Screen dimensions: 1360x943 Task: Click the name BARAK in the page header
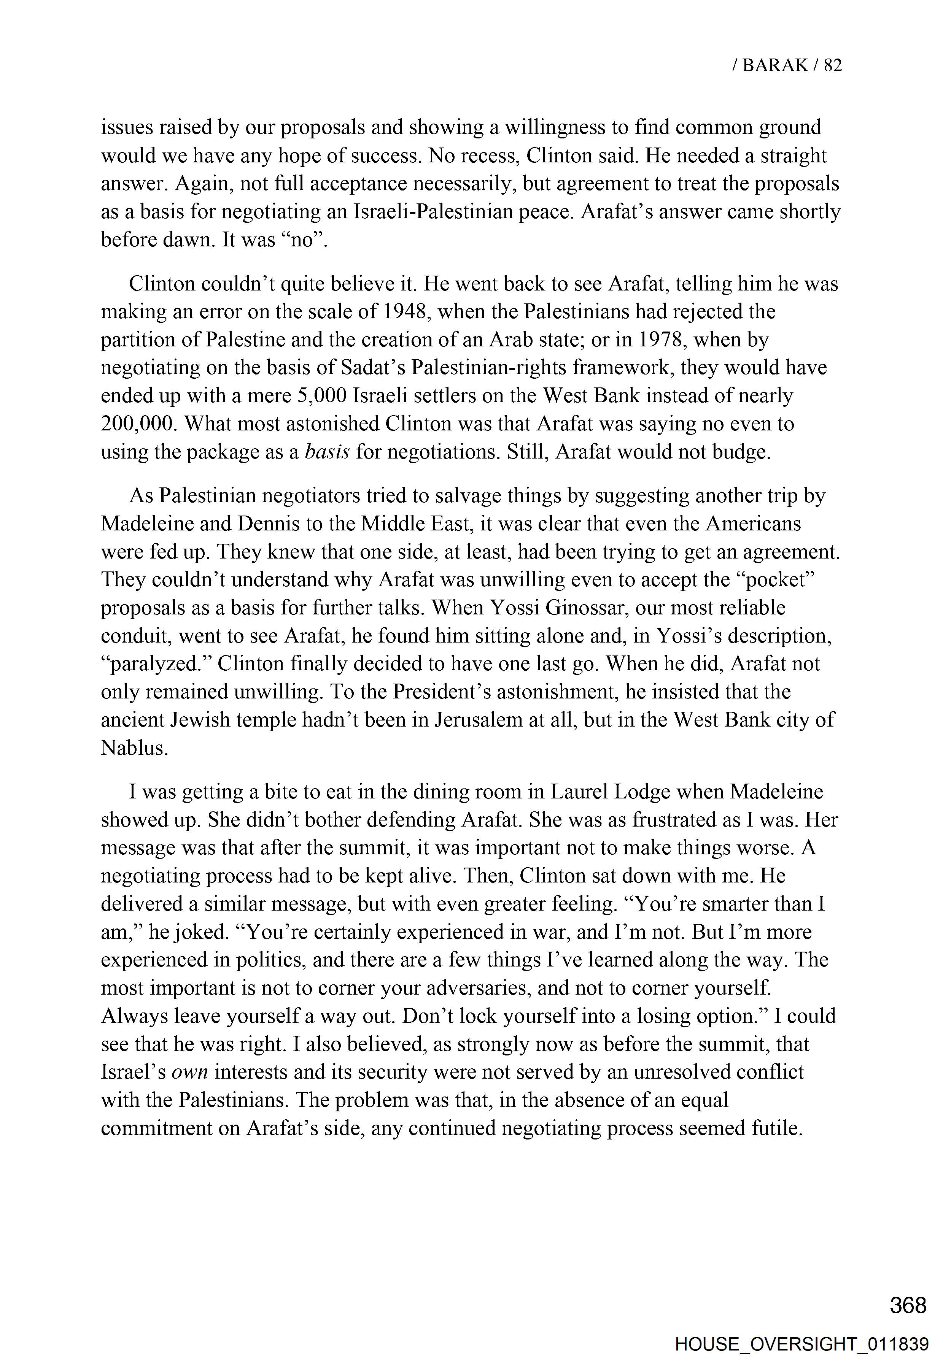point(774,65)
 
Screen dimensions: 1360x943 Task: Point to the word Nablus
point(135,748)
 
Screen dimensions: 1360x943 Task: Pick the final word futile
point(776,1128)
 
